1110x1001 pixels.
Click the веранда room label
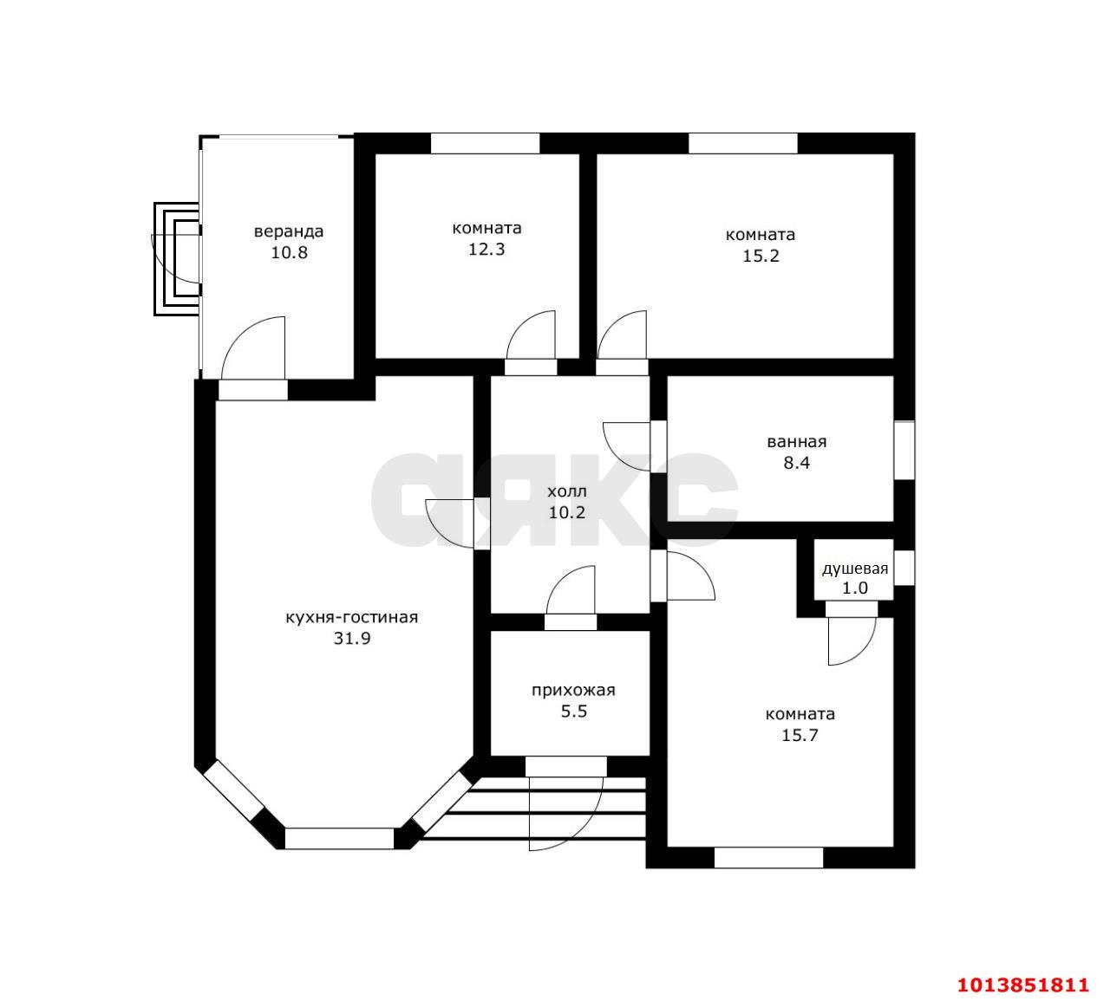click(x=288, y=231)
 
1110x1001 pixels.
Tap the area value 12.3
click(x=486, y=250)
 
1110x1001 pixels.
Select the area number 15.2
click(x=761, y=256)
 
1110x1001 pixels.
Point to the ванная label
click(x=796, y=442)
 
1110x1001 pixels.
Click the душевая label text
click(x=855, y=569)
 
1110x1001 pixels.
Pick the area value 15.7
click(x=800, y=736)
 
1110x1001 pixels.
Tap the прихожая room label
click(x=573, y=691)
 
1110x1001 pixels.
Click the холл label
click(x=566, y=491)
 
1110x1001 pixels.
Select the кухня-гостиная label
click(x=351, y=618)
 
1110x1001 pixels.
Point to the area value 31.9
click(x=351, y=639)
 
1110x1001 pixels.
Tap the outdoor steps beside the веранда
click(x=177, y=259)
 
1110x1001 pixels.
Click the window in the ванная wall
click(x=904, y=450)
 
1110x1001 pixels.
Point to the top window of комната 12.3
click(x=485, y=143)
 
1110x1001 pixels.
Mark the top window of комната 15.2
click(x=742, y=143)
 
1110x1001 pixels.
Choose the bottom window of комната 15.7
click(x=768, y=858)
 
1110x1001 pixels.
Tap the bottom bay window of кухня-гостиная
click(x=339, y=838)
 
